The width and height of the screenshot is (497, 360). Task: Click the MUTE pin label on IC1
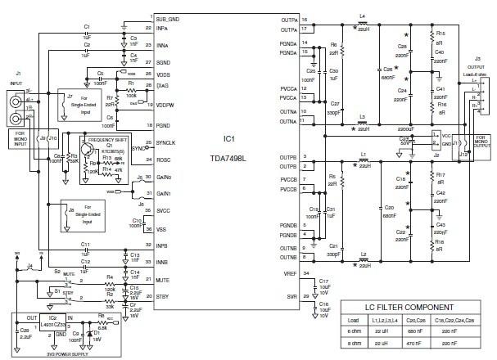(163, 280)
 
